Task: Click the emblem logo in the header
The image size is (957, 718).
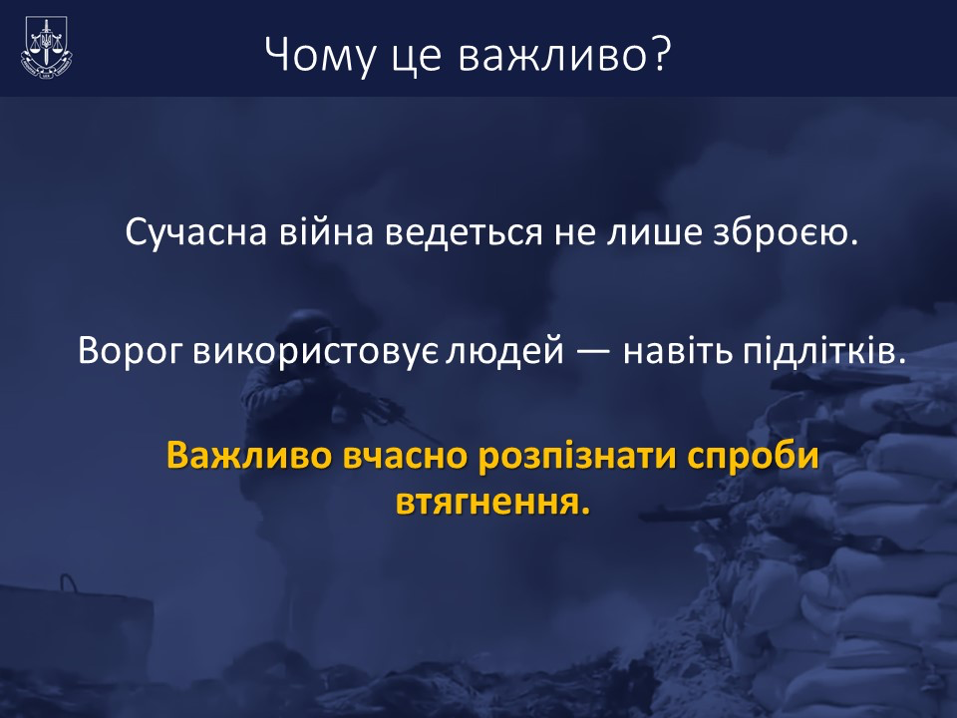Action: point(47,48)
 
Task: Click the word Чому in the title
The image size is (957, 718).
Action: point(321,55)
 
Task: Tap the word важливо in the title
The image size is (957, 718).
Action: point(552,55)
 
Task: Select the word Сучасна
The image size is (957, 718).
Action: point(196,232)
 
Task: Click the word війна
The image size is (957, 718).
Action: point(327,232)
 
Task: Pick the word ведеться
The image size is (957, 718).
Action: point(464,233)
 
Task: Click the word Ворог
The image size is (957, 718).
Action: point(131,351)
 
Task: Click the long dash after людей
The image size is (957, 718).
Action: point(593,352)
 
